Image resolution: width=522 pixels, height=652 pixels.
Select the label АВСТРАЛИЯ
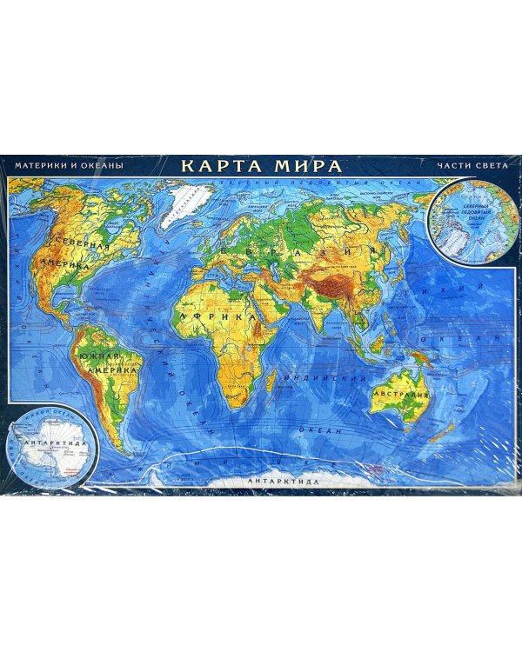tap(402, 395)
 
